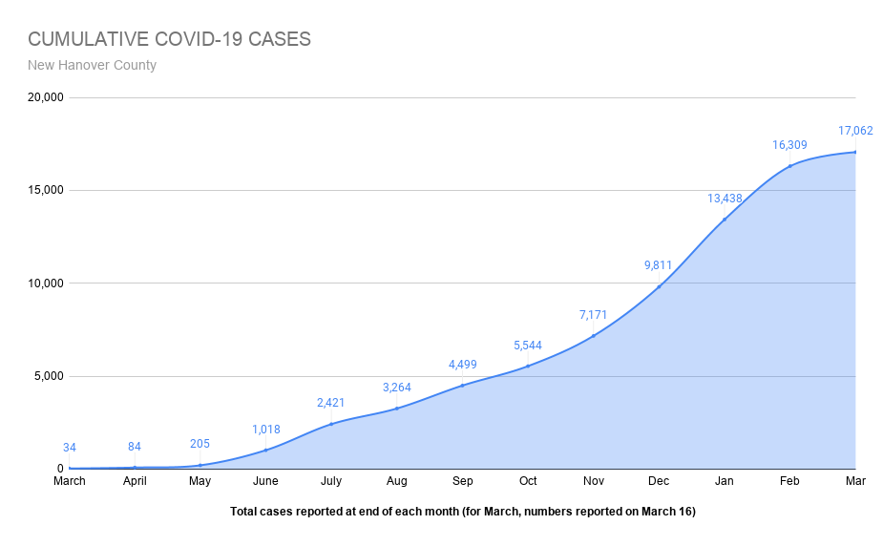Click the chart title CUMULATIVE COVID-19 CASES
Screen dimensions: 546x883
(x=169, y=39)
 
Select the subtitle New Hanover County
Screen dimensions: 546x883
(x=92, y=66)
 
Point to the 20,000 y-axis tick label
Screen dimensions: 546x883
(x=44, y=97)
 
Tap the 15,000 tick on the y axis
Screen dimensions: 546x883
(x=44, y=190)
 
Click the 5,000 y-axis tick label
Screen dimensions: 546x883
(x=47, y=376)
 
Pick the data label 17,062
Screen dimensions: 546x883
(x=855, y=131)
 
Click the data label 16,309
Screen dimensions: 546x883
(x=789, y=145)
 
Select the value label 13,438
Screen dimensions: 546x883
(x=725, y=199)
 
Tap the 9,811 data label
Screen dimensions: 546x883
(x=659, y=265)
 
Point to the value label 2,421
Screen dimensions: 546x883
(x=331, y=403)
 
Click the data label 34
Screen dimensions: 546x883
(x=70, y=448)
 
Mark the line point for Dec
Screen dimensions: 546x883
(x=659, y=286)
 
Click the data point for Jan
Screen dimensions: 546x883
(x=725, y=220)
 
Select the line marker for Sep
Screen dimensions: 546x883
(x=462, y=386)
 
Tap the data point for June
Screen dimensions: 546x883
(x=265, y=450)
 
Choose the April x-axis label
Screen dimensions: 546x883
(x=135, y=481)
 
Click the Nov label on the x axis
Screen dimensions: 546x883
(x=593, y=481)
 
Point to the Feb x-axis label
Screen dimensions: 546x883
(x=789, y=481)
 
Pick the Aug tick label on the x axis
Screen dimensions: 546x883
(x=396, y=481)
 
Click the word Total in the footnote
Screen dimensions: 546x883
(x=244, y=512)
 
